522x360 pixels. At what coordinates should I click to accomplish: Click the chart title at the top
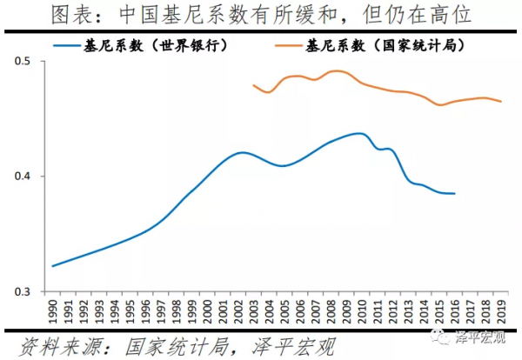coord(260,14)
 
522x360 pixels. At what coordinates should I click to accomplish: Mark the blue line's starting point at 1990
coord(53,266)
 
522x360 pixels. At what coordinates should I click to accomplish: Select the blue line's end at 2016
coord(454,193)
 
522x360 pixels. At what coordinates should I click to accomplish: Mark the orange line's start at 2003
coord(252,85)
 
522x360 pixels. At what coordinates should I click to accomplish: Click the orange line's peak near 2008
coord(336,71)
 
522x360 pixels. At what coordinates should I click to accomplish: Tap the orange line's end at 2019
coord(501,102)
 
